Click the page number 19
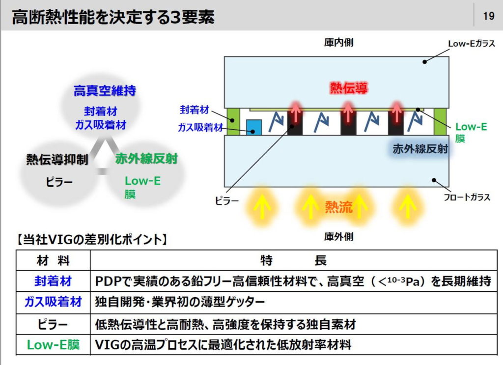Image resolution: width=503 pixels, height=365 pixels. pyautogui.click(x=489, y=16)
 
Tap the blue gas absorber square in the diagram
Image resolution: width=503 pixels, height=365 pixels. pyautogui.click(x=254, y=127)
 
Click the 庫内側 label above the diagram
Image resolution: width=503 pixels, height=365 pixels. pyautogui.click(x=338, y=42)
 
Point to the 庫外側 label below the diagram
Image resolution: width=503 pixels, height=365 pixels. pyautogui.click(x=338, y=237)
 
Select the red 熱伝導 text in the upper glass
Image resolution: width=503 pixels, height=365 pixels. pyautogui.click(x=349, y=87)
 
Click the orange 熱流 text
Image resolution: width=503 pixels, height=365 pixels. pyautogui.click(x=339, y=207)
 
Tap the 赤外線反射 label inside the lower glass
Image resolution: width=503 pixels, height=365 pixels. pyautogui.click(x=420, y=149)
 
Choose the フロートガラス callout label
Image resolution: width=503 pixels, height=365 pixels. pyautogui.click(x=467, y=197)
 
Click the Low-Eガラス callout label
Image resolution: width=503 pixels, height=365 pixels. pyautogui.click(x=472, y=44)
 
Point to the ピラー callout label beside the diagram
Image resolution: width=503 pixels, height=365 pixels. pyautogui.click(x=227, y=201)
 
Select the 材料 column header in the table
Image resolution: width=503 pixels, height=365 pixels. pyautogui.click(x=53, y=260)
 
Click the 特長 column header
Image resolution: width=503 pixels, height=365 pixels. pyautogui.click(x=293, y=260)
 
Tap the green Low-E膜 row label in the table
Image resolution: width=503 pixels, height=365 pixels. pyautogui.click(x=53, y=345)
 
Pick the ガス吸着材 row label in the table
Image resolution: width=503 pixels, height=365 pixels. pyautogui.click(x=53, y=302)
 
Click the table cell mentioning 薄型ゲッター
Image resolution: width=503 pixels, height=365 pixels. pyautogui.click(x=180, y=302)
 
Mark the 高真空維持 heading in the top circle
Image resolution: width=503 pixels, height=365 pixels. pyautogui.click(x=105, y=91)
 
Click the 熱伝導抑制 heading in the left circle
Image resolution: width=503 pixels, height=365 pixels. pyautogui.click(x=57, y=159)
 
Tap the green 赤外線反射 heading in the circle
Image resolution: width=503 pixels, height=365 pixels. pyautogui.click(x=146, y=159)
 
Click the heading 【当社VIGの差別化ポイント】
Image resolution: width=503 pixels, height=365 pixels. pyautogui.click(x=92, y=239)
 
